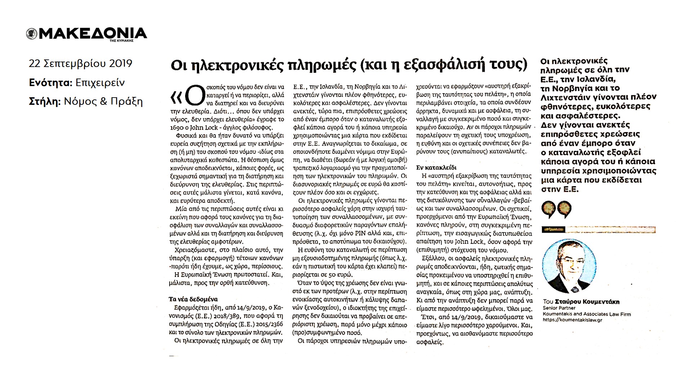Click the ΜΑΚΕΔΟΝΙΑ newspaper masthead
click(92, 33)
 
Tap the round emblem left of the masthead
click(32, 34)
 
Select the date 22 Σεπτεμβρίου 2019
click(81, 63)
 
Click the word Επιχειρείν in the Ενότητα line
click(100, 82)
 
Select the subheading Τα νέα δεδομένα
click(193, 299)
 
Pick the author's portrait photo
click(569, 266)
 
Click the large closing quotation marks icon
click(556, 210)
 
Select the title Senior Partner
click(559, 308)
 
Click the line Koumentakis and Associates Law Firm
click(587, 314)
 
